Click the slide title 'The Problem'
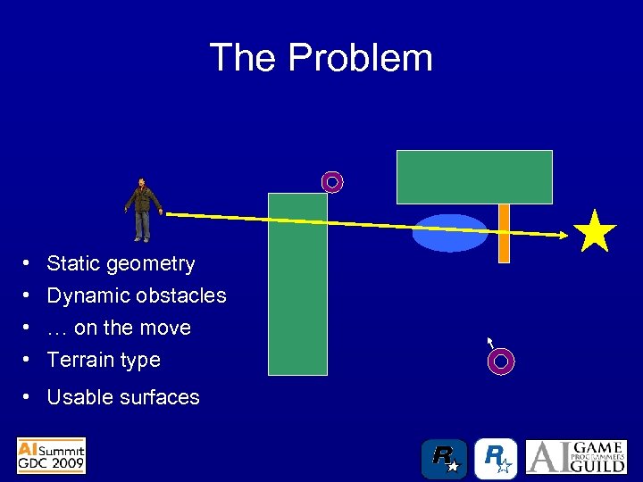[x=321, y=58]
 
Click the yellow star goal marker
[x=596, y=232]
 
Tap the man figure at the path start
[x=142, y=210]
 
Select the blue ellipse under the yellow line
[x=450, y=234]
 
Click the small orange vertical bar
[x=504, y=234]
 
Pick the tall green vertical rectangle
[x=297, y=284]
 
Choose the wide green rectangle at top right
[x=474, y=177]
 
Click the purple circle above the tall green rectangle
[x=332, y=182]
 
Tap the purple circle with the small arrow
[x=502, y=361]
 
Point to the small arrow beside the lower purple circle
[x=489, y=342]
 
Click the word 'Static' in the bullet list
[x=73, y=263]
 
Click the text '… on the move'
[x=119, y=328]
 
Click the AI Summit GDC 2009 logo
[x=52, y=455]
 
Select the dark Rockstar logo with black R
[x=444, y=459]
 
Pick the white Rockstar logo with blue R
[x=496, y=459]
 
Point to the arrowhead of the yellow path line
[x=564, y=235]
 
